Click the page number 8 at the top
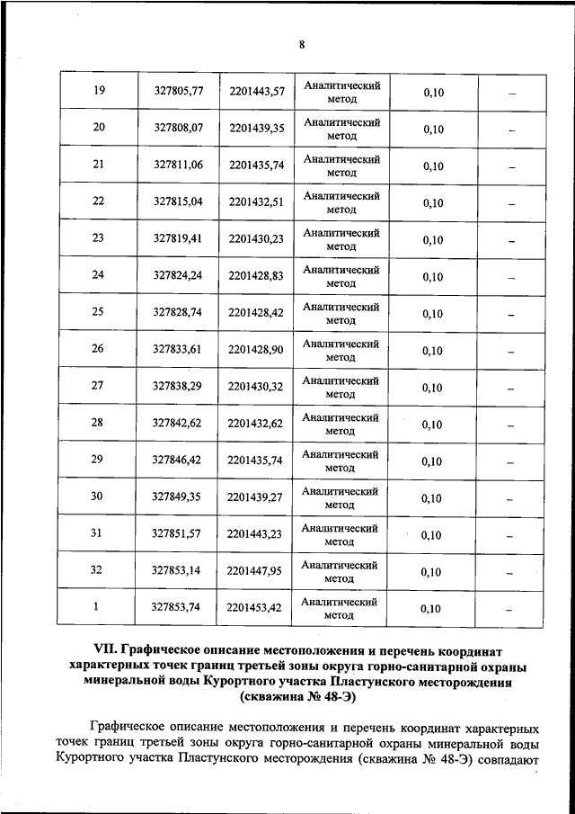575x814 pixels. [302, 44]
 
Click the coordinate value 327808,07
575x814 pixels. [178, 129]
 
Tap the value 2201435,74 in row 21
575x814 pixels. [256, 165]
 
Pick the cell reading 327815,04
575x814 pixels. [178, 202]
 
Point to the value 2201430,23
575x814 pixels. [256, 239]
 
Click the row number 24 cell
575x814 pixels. [99, 276]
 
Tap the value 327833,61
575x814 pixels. [178, 350]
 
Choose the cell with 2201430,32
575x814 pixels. [256, 387]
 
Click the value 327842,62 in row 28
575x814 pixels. [178, 424]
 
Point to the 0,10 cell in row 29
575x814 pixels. [432, 462]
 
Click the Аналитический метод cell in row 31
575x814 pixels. [341, 534]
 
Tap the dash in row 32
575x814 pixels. [510, 572]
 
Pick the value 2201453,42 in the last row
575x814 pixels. [256, 608]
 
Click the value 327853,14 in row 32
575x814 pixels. [178, 571]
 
